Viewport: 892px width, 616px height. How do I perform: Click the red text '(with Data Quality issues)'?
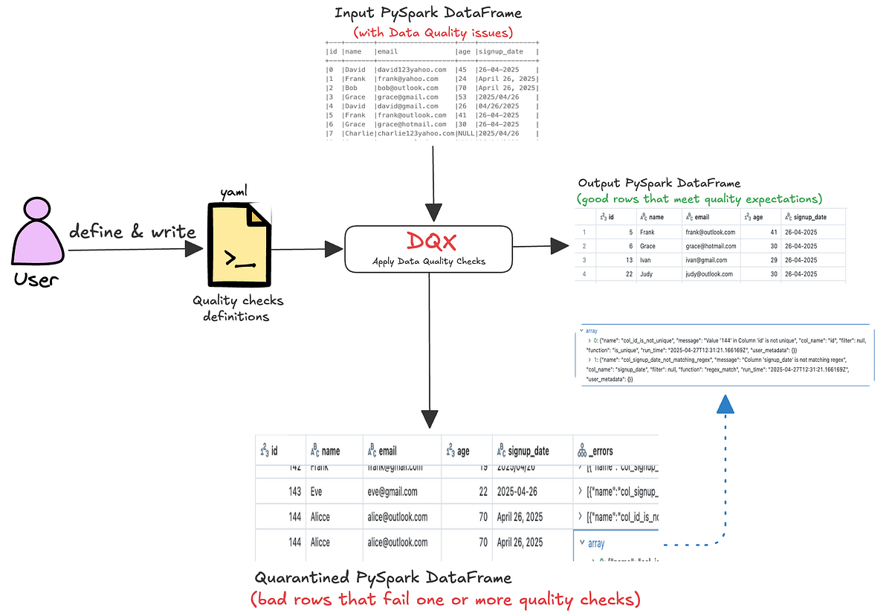tap(433, 32)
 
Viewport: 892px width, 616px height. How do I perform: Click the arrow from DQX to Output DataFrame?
tap(539, 246)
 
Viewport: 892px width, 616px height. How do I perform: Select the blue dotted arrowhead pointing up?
tap(725, 404)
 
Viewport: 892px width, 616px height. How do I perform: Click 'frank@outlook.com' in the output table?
tap(710, 232)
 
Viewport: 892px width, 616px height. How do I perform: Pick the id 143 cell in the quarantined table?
tap(294, 491)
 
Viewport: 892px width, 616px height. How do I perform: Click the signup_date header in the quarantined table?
tap(528, 450)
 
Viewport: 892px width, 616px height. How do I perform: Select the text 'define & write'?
tap(132, 231)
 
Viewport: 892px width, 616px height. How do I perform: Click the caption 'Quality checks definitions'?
tap(238, 308)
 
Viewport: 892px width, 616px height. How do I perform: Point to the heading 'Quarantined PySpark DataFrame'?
tap(383, 577)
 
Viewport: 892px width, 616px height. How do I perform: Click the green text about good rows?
tap(699, 198)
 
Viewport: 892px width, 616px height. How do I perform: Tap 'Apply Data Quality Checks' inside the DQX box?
tap(428, 262)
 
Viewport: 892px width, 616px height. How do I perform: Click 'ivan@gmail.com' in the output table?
tap(706, 260)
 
